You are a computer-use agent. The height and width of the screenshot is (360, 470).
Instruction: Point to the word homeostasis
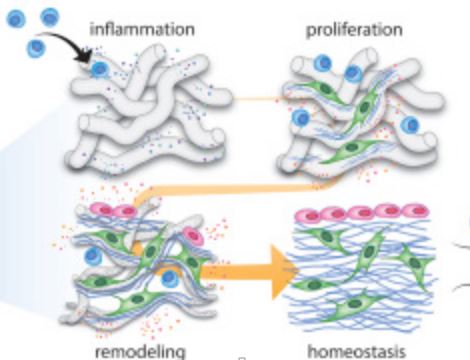click(x=356, y=352)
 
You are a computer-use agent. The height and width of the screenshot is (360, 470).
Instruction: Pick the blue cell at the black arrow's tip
click(x=100, y=70)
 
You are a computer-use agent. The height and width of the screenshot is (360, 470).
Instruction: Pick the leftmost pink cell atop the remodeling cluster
click(x=102, y=209)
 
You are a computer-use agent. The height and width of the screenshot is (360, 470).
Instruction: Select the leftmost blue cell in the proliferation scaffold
click(x=300, y=118)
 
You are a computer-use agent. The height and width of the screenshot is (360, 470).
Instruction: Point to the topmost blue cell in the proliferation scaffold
click(x=322, y=62)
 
